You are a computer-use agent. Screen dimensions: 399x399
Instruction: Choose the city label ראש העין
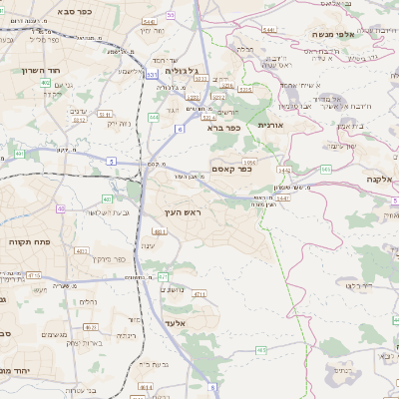[183, 212]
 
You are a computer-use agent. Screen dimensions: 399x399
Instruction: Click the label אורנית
[271, 126]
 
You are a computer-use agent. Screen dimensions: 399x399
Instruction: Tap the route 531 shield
[151, 74]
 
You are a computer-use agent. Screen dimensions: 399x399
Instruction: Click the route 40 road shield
[61, 208]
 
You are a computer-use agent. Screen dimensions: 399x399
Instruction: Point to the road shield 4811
[159, 231]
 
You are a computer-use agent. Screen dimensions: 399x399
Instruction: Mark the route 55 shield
[171, 15]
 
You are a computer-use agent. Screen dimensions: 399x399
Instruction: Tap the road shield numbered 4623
[90, 327]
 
